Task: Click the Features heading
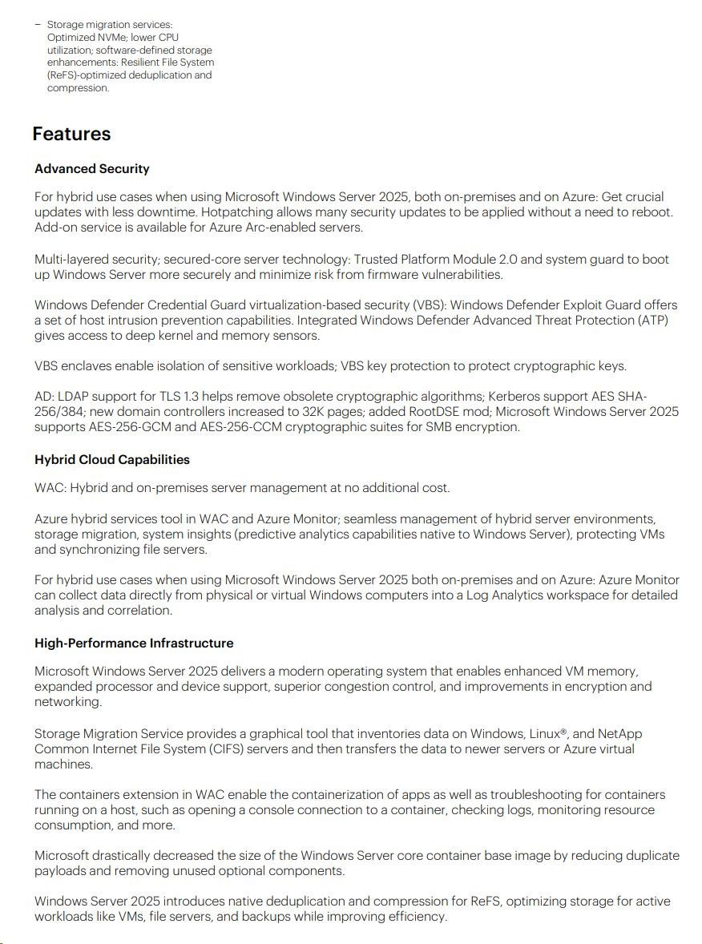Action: pyautogui.click(x=71, y=134)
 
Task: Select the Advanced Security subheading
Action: pyautogui.click(x=92, y=169)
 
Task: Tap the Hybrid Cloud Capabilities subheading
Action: pyautogui.click(x=112, y=460)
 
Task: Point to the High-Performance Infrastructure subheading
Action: pyautogui.click(x=134, y=643)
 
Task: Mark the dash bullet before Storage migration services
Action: pyautogui.click(x=38, y=25)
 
